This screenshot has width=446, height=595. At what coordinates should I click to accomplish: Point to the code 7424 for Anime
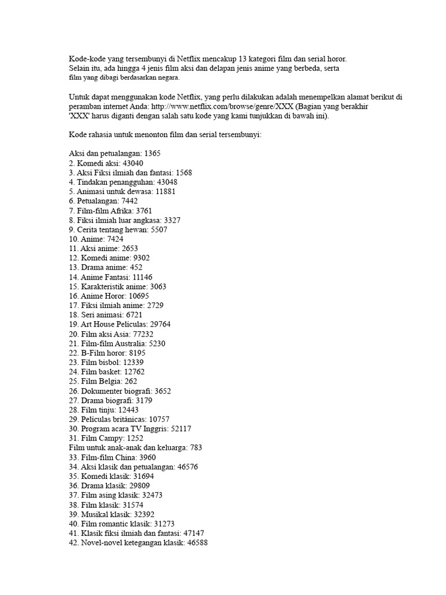113,239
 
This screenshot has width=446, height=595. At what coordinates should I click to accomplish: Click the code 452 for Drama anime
137,267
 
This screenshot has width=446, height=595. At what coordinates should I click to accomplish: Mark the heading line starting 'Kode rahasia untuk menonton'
165,135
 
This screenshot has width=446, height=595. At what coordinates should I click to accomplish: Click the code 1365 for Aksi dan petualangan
153,153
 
